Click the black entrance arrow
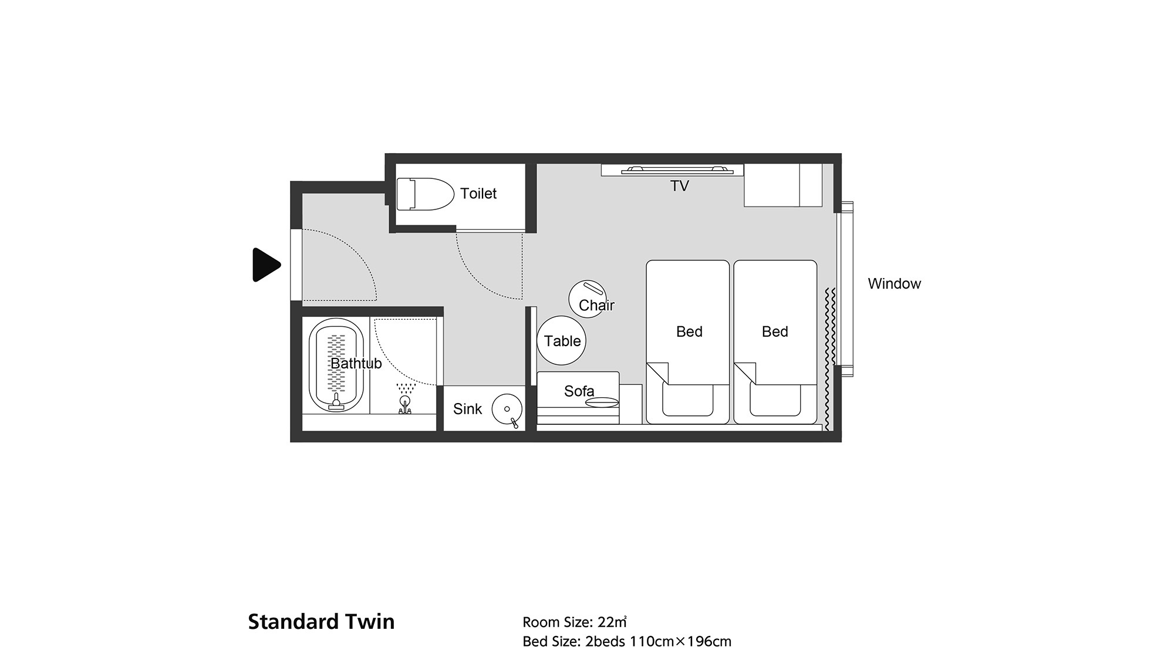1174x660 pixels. tap(266, 265)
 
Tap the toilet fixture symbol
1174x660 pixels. tap(425, 194)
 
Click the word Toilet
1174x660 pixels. tap(478, 194)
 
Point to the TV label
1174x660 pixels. tap(680, 186)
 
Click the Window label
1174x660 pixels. tap(895, 284)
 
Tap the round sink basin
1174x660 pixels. tap(507, 409)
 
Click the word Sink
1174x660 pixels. tap(467, 409)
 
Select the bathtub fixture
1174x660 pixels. tap(336, 365)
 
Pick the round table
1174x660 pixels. tap(561, 340)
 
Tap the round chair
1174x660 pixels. tap(588, 299)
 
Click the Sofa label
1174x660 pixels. tap(579, 391)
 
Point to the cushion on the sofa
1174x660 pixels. tap(602, 402)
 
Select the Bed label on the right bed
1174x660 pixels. tap(775, 332)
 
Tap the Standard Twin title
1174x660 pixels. tap(321, 622)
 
